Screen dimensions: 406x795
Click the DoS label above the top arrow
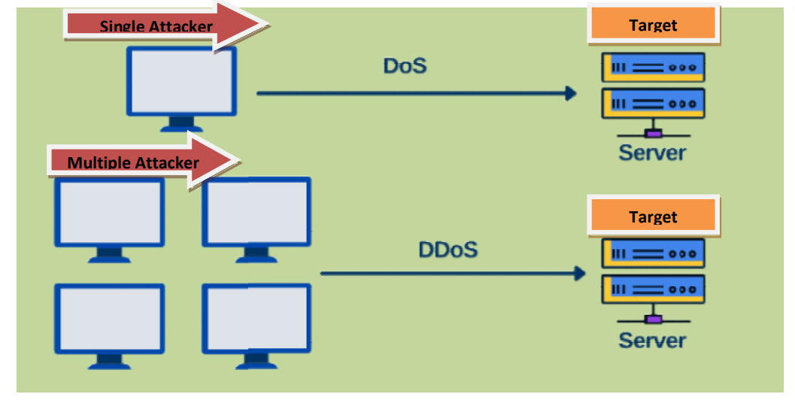[405, 65]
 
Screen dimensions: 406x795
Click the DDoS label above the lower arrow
[448, 249]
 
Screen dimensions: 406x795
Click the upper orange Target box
[653, 25]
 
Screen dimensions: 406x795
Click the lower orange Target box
[653, 217]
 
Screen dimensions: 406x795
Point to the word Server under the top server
[652, 153]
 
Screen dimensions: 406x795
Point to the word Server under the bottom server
[652, 340]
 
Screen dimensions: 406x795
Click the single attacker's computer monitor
[181, 82]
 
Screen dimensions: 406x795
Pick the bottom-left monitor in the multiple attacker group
[109, 318]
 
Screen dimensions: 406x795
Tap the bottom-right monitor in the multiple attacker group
[256, 318]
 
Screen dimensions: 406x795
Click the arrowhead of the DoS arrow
[571, 93]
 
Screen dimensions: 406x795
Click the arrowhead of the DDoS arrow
[579, 273]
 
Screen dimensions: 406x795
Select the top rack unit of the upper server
[653, 67]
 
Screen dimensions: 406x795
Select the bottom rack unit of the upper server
[653, 103]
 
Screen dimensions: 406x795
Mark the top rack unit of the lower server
[653, 253]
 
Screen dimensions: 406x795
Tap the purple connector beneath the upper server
[653, 134]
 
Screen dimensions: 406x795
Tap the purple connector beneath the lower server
[653, 320]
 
